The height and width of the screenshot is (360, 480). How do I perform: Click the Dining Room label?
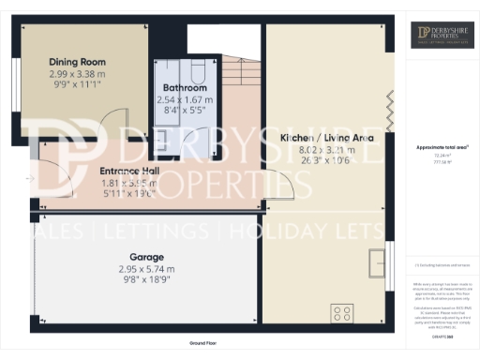[x=77, y=63]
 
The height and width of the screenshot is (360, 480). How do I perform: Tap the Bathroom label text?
[x=184, y=88]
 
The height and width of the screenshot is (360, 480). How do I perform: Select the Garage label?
[x=147, y=257]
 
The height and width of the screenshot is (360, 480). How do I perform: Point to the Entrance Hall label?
[x=129, y=172]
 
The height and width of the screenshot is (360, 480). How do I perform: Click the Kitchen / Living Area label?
[x=328, y=138]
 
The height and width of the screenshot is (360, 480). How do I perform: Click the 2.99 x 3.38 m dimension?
[x=77, y=73]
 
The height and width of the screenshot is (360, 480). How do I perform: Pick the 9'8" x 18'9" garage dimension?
[x=146, y=279]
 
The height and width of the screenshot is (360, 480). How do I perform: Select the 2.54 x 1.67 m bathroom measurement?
[x=184, y=98]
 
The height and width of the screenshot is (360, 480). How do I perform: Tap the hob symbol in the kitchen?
[x=342, y=313]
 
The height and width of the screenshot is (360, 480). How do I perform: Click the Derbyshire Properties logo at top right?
[x=440, y=37]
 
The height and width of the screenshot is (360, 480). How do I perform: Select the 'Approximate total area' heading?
[x=440, y=148]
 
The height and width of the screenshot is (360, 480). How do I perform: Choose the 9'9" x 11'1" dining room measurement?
[x=77, y=83]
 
